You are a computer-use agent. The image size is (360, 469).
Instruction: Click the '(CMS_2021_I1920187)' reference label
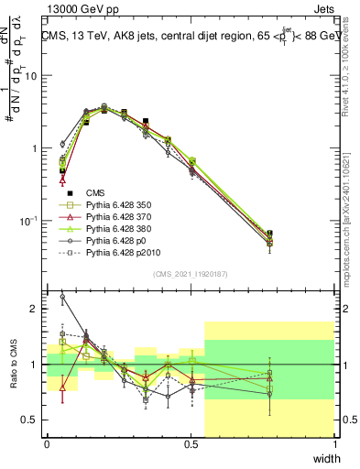click(x=191, y=274)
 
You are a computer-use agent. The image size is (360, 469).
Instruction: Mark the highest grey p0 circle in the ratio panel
click(x=62, y=297)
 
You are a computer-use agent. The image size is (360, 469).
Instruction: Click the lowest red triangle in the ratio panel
click(x=62, y=387)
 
